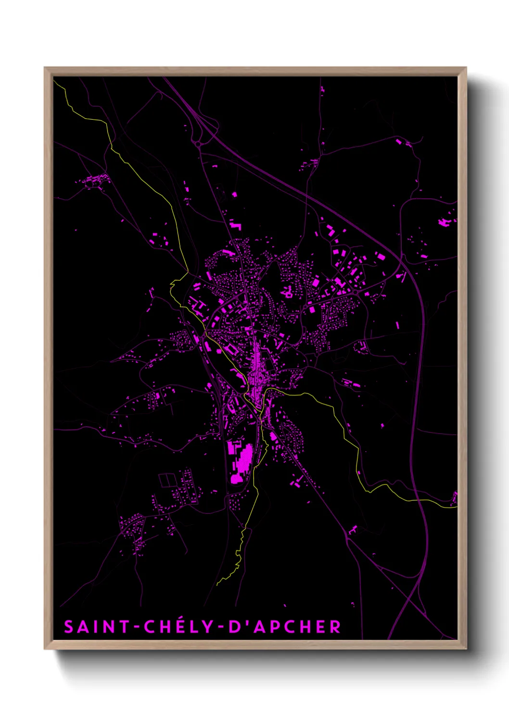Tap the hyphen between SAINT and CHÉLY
(137, 627)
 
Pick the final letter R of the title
(335, 627)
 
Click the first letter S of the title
(69, 627)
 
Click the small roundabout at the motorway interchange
(198, 143)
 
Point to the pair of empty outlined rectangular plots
(168, 480)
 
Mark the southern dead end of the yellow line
(217, 585)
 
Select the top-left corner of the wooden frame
(45, 68)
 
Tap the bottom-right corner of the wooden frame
(466, 649)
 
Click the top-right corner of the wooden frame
(466, 68)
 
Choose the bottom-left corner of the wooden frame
(45, 649)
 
